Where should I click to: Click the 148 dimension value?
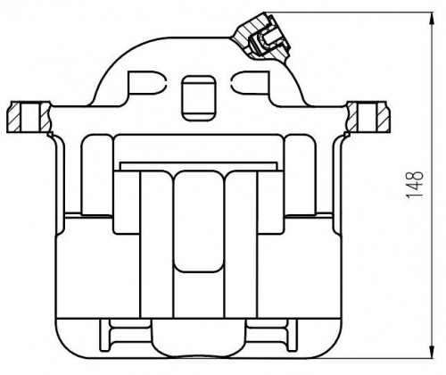point(415,184)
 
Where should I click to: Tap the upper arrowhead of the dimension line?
point(432,20)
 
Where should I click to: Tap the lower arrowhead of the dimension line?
point(432,351)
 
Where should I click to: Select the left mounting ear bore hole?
point(29,117)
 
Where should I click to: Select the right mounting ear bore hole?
point(367,117)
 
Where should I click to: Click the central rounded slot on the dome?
point(198,98)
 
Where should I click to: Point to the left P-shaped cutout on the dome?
point(145,82)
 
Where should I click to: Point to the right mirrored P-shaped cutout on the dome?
point(251,82)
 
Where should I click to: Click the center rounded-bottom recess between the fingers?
point(198,221)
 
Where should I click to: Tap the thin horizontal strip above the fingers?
point(198,166)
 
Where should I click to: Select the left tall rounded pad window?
point(97,175)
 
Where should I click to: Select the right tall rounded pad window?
point(300,175)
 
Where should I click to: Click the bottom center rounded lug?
point(198,338)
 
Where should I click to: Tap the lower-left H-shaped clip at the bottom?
point(125,334)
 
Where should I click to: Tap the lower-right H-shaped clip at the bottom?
point(272,334)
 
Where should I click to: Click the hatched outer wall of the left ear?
point(13,117)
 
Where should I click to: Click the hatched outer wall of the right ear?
point(384,117)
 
